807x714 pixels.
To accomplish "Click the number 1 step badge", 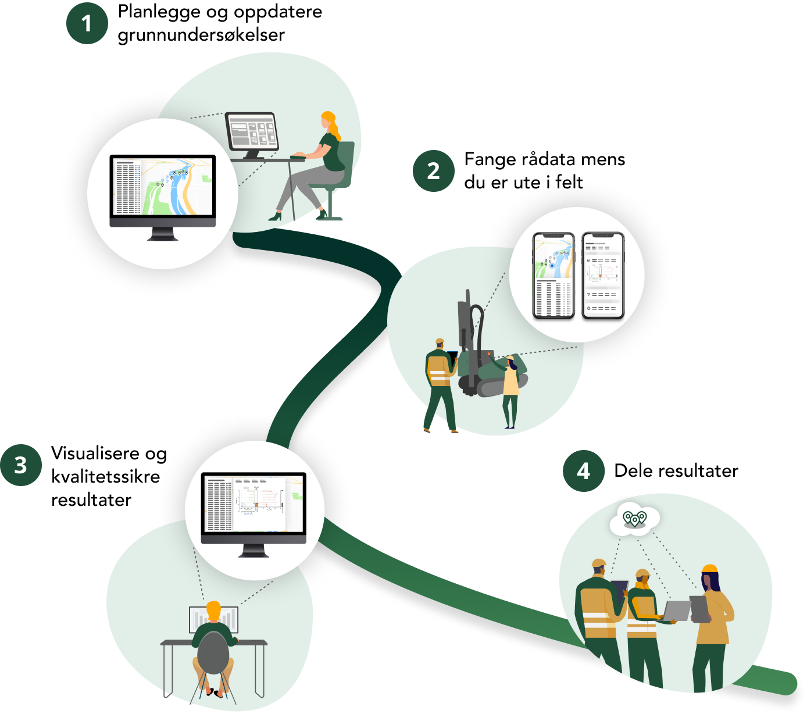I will [x=87, y=23].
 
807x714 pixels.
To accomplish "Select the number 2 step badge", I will [x=433, y=171].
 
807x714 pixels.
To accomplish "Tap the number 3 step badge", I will [x=21, y=465].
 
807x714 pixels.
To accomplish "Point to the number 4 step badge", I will [x=583, y=471].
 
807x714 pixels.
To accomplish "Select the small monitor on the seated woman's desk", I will [x=252, y=132].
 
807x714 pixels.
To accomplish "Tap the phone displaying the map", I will [x=554, y=275].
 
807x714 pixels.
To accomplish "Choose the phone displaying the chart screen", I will [x=603, y=275].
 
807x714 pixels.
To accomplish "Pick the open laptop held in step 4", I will [x=676, y=611].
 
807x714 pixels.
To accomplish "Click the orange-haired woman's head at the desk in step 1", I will [x=328, y=121].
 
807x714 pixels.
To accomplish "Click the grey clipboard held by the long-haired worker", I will [x=699, y=608].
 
